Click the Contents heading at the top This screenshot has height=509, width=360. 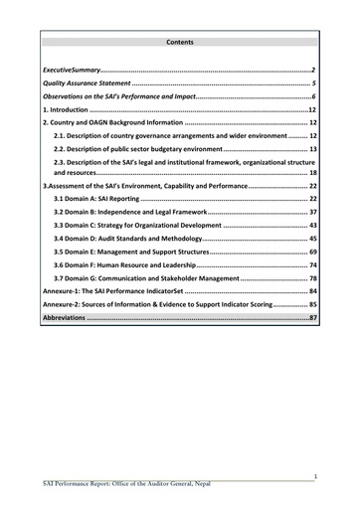click(x=181, y=43)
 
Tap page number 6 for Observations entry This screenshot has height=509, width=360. click(x=312, y=96)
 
